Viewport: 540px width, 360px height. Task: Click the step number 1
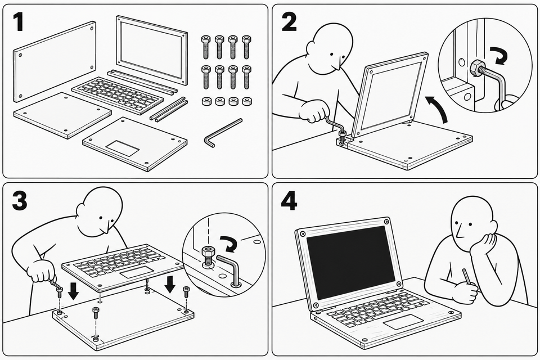(x=18, y=22)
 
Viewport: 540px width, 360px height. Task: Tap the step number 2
(x=289, y=22)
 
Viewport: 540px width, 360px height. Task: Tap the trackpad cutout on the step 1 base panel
(x=122, y=147)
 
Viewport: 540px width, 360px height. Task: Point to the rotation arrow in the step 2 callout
(x=499, y=56)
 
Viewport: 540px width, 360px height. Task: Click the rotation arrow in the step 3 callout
(x=229, y=244)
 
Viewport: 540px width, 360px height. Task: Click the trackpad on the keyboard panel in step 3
(x=137, y=272)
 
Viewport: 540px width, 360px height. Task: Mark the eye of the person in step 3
(x=101, y=218)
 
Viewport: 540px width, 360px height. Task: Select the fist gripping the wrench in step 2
(x=313, y=111)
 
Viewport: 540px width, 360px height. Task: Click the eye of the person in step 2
(x=331, y=54)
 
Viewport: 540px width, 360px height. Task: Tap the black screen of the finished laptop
(x=351, y=262)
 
